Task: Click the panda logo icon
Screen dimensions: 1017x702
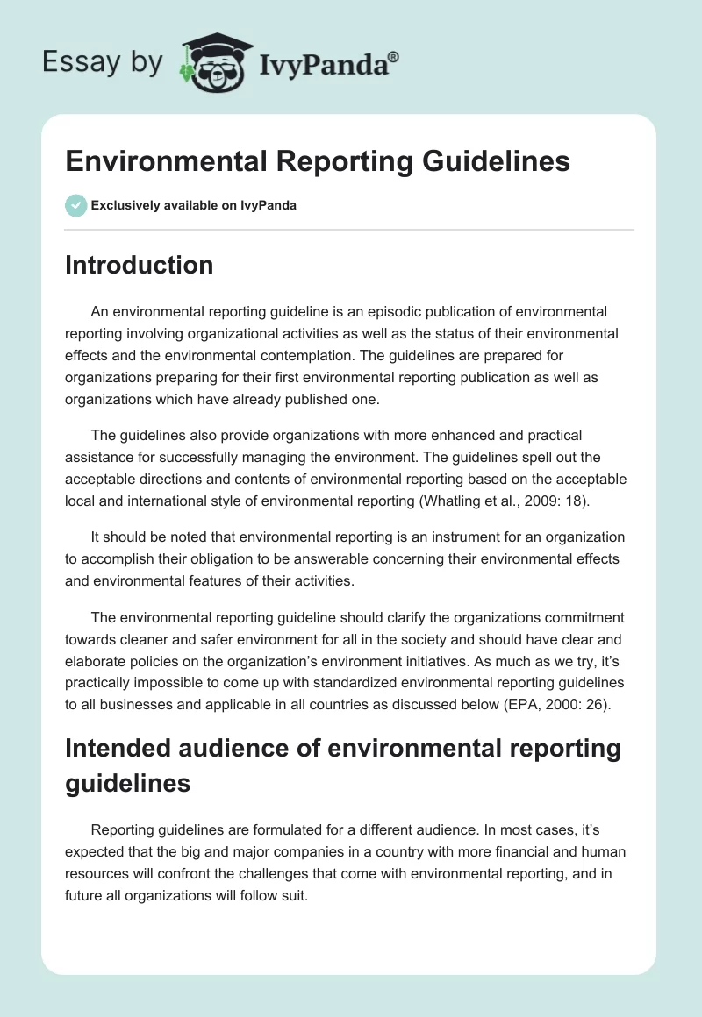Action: click(x=211, y=63)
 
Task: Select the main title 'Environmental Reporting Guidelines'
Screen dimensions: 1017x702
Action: click(x=318, y=161)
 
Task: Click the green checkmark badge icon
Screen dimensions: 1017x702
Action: click(x=75, y=205)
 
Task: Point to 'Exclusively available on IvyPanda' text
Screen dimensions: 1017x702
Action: click(x=193, y=205)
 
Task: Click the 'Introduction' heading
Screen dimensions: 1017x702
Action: click(x=139, y=265)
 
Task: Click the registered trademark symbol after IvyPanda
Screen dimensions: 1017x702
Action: click(x=394, y=55)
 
